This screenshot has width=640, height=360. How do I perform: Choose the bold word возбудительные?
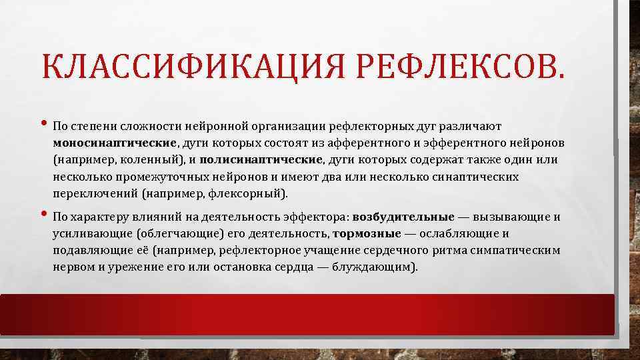[x=403, y=217]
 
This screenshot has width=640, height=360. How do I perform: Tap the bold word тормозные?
[x=367, y=234]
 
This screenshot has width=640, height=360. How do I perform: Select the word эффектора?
[x=319, y=217]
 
